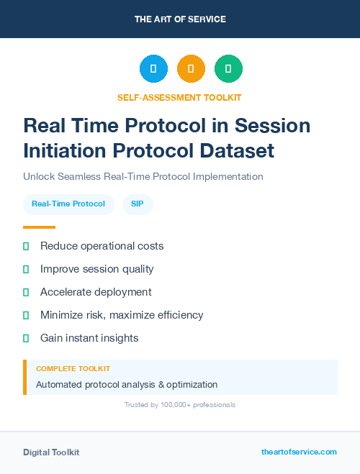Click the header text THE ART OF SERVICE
pos(180,19)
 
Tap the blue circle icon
pos(153,69)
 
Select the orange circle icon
pos(191,69)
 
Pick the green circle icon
pos(228,69)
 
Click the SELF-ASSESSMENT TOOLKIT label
pos(180,97)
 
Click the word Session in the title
pos(271,125)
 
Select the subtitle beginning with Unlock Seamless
pos(143,176)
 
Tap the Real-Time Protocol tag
pos(68,204)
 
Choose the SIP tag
pos(137,204)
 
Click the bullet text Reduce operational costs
pos(102,246)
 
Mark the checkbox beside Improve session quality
pos(26,269)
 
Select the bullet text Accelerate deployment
pos(96,292)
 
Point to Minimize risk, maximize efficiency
pos(122,315)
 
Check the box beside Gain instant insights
pos(26,338)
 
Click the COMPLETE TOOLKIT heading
pos(73,368)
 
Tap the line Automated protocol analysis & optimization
pos(127,384)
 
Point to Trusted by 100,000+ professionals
pos(180,405)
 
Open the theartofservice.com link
pos(299,452)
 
